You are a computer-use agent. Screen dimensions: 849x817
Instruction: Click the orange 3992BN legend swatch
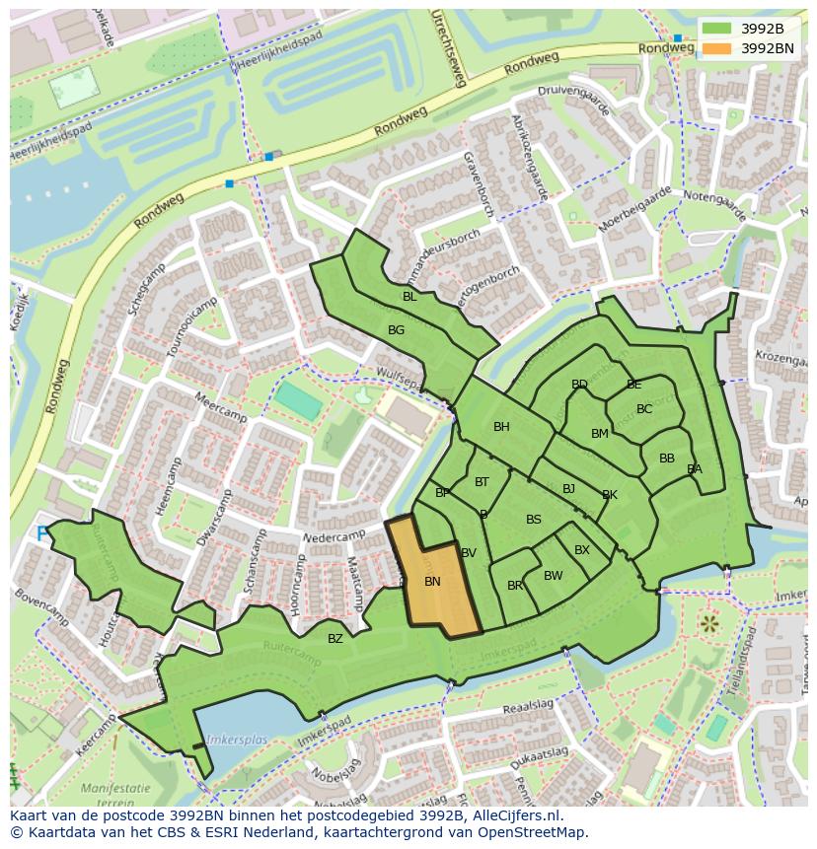pyautogui.click(x=717, y=47)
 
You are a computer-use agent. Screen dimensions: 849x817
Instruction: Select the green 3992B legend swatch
pyautogui.click(x=717, y=28)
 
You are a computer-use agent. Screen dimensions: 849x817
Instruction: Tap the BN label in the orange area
pyautogui.click(x=432, y=582)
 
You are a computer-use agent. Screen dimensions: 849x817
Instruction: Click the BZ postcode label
pyautogui.click(x=335, y=639)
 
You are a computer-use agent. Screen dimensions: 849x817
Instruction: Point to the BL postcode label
pyautogui.click(x=409, y=297)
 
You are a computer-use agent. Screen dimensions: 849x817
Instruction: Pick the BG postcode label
pyautogui.click(x=396, y=330)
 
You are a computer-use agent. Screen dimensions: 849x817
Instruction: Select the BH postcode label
pyautogui.click(x=501, y=427)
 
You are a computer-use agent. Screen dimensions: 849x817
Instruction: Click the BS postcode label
pyautogui.click(x=534, y=520)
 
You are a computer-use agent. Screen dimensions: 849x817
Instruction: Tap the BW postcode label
pyautogui.click(x=553, y=576)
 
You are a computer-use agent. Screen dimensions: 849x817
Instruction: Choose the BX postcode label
pyautogui.click(x=582, y=550)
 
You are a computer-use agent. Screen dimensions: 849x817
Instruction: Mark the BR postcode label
pyautogui.click(x=515, y=586)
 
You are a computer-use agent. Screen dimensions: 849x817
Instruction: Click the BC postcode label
pyautogui.click(x=644, y=409)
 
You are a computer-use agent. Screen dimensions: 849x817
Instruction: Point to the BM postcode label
pyautogui.click(x=600, y=434)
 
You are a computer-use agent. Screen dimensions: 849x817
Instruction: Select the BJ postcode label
pyautogui.click(x=568, y=489)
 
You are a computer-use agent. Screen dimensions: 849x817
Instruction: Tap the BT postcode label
pyautogui.click(x=482, y=482)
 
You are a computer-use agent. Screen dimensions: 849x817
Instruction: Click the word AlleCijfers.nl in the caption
pyautogui.click(x=513, y=815)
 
